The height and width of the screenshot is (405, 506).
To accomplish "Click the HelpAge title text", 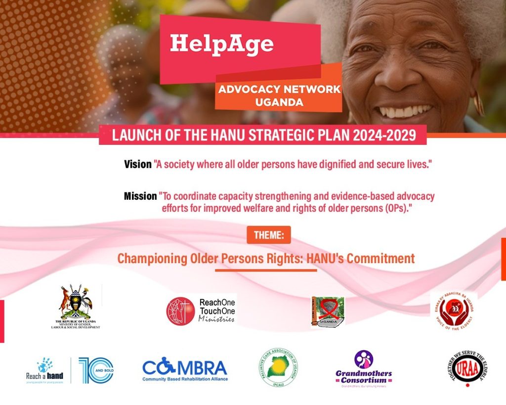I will pyautogui.click(x=222, y=44).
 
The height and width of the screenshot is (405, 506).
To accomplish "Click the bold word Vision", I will pyautogui.click(x=137, y=165).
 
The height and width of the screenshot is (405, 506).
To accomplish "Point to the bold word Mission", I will pyautogui.click(x=140, y=196).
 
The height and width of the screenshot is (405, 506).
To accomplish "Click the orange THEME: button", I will pyautogui.click(x=268, y=235).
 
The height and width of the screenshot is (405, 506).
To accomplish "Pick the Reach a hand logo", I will pyautogui.click(x=45, y=370).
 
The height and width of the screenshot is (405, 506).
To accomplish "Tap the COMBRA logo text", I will pyautogui.click(x=185, y=368).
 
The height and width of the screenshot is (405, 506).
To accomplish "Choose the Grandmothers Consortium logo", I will pyautogui.click(x=363, y=369).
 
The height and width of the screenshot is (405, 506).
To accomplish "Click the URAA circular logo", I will pyautogui.click(x=465, y=368).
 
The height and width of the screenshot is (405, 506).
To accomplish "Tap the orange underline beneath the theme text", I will pyautogui.click(x=266, y=270).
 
